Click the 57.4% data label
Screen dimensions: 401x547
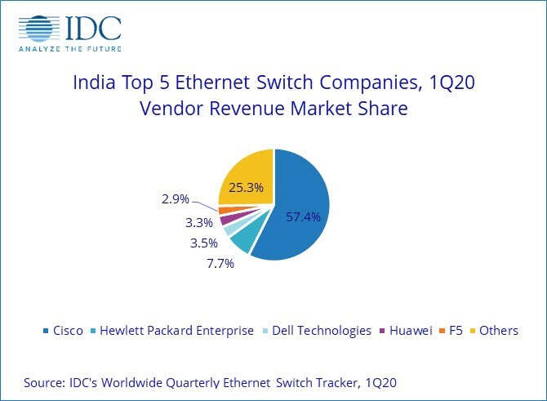(303, 218)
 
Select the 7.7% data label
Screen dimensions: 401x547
(220, 263)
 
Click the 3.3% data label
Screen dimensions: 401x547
(198, 222)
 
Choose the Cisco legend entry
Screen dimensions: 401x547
(62, 331)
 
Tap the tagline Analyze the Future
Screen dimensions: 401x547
(69, 47)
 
